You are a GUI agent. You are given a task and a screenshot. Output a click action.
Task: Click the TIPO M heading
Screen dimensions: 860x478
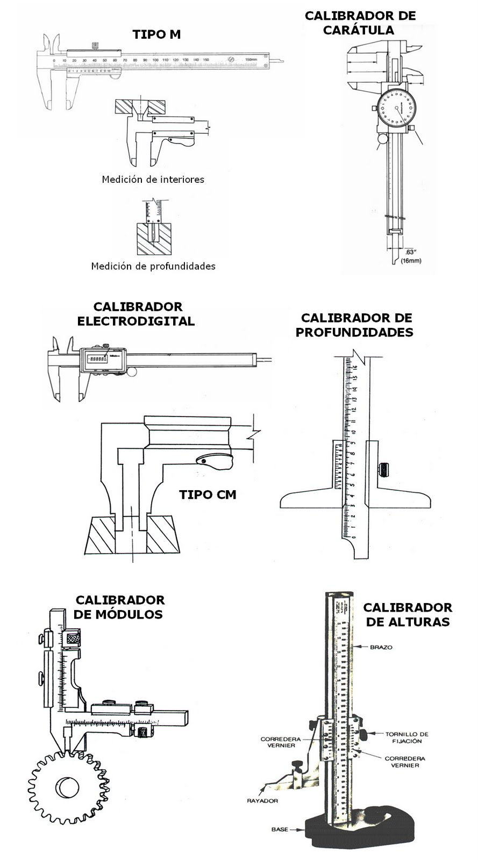tap(156, 35)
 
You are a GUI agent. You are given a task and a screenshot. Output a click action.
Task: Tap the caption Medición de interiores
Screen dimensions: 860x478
tap(153, 180)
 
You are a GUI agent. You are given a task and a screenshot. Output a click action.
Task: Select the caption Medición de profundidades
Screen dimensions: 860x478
tap(153, 266)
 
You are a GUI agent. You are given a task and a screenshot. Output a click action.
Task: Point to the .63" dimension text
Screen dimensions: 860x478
tap(411, 252)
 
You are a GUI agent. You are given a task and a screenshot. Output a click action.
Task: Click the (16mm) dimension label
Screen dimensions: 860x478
tap(411, 261)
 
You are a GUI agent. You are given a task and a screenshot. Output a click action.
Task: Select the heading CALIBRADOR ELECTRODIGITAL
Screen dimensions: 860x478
tap(137, 314)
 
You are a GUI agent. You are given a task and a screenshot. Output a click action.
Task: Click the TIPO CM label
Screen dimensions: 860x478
tap(208, 494)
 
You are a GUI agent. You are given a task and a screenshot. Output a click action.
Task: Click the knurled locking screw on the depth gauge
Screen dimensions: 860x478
tap(384, 469)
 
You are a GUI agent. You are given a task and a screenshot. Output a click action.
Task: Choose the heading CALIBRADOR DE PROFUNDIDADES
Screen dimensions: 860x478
tap(355, 325)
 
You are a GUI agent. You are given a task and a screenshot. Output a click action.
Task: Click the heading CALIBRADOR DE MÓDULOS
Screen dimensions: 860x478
tap(119, 607)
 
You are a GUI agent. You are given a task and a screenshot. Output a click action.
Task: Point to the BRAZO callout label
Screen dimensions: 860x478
tap(381, 647)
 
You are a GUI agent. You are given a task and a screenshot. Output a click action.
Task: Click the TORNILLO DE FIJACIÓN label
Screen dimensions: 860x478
tap(406, 737)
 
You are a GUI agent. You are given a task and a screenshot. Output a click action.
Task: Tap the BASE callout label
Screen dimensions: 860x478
tap(280, 829)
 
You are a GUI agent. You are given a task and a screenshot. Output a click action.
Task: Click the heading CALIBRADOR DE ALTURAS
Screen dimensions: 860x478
tap(407, 614)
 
